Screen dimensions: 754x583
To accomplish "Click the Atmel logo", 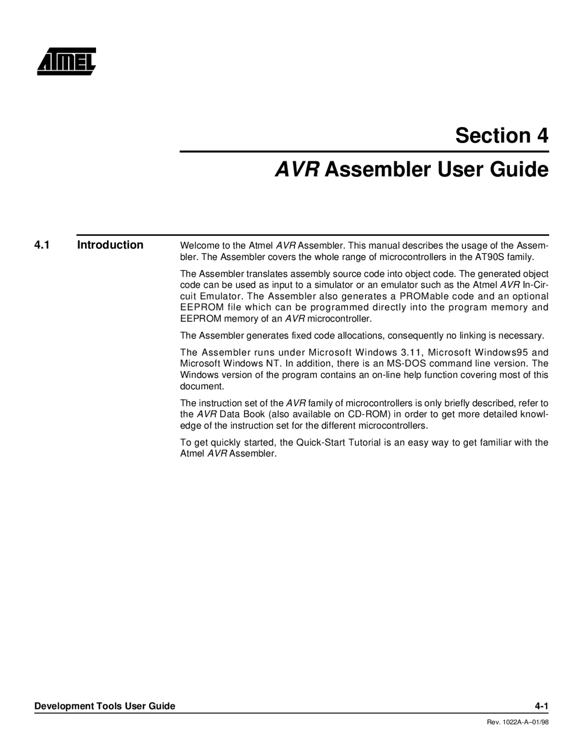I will pyautogui.click(x=66, y=61).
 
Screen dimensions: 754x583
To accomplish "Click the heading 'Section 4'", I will pyautogui.click(x=502, y=135).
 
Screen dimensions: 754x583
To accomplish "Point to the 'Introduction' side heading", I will pyautogui.click(x=110, y=245).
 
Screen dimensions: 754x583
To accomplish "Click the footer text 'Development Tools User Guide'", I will pyautogui.click(x=105, y=706).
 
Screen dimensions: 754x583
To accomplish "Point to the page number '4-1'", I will pyautogui.click(x=541, y=706).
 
